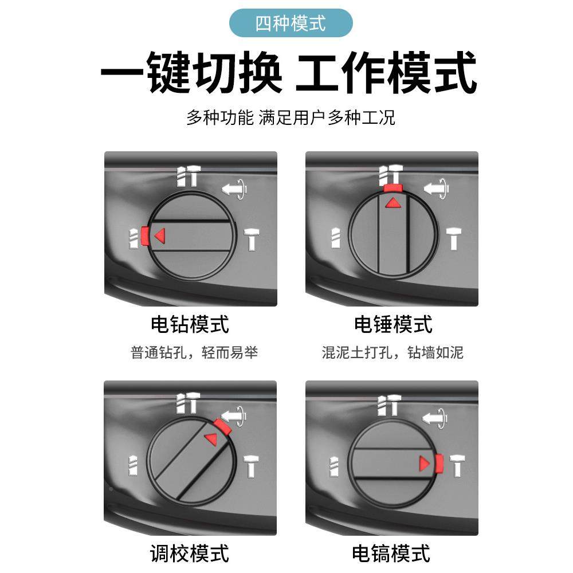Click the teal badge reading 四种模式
coord(291,23)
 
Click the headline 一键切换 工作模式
coord(288,73)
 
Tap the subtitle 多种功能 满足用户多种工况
coord(291,118)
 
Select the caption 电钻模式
coord(190,324)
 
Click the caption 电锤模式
coord(393,324)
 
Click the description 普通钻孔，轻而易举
coord(194,352)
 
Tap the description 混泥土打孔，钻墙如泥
coord(393,352)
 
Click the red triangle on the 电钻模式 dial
coord(160,235)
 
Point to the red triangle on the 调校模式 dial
coord(211,438)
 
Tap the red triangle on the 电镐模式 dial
coord(424,463)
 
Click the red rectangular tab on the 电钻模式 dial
coord(145,235)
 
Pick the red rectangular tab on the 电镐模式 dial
coord(439,463)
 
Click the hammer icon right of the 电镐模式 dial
coord(457,465)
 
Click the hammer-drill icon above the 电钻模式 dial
coord(187,176)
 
